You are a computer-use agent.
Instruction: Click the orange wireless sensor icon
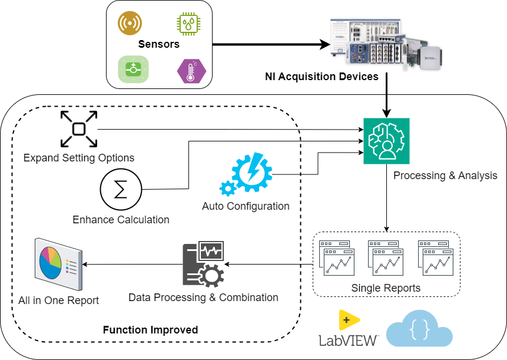[x=130, y=24]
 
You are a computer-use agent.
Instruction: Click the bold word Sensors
[x=158, y=44]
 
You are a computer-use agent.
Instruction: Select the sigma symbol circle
[x=121, y=190]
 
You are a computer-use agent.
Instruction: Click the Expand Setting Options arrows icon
[x=79, y=129]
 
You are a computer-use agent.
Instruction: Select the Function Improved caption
[x=150, y=329]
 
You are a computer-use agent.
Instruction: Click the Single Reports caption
[x=386, y=288]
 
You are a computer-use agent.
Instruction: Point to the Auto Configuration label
[x=246, y=206]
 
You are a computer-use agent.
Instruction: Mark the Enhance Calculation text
[x=121, y=220]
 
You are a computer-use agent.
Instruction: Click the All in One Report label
[x=58, y=300]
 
